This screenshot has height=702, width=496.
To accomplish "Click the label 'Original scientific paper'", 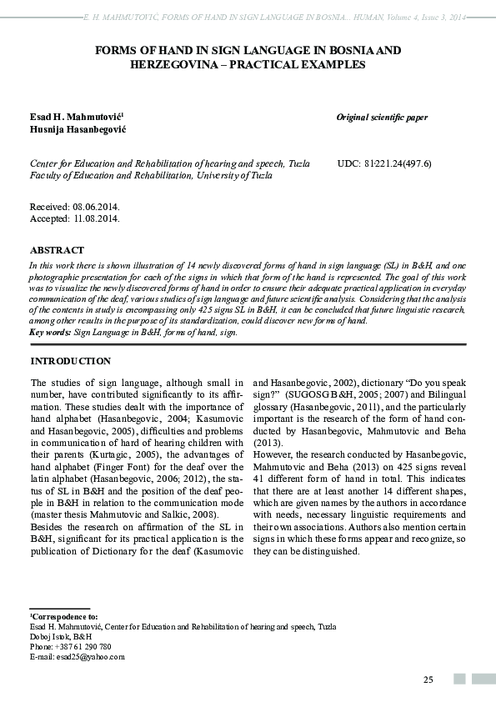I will click(x=382, y=118).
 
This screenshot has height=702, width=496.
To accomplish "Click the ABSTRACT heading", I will click(x=57, y=250).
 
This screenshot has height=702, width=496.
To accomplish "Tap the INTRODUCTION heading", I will click(x=70, y=361).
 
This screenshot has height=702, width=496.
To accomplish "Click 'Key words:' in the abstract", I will click(x=51, y=333).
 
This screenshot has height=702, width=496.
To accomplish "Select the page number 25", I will click(x=428, y=679).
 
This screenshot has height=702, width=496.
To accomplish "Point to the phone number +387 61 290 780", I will click(x=83, y=647).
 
